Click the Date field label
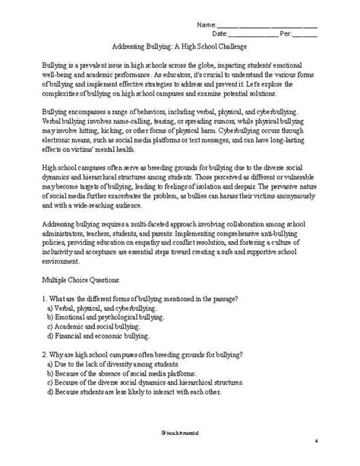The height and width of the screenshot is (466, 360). point(221,34)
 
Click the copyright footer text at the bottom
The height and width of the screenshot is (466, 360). point(180,453)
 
